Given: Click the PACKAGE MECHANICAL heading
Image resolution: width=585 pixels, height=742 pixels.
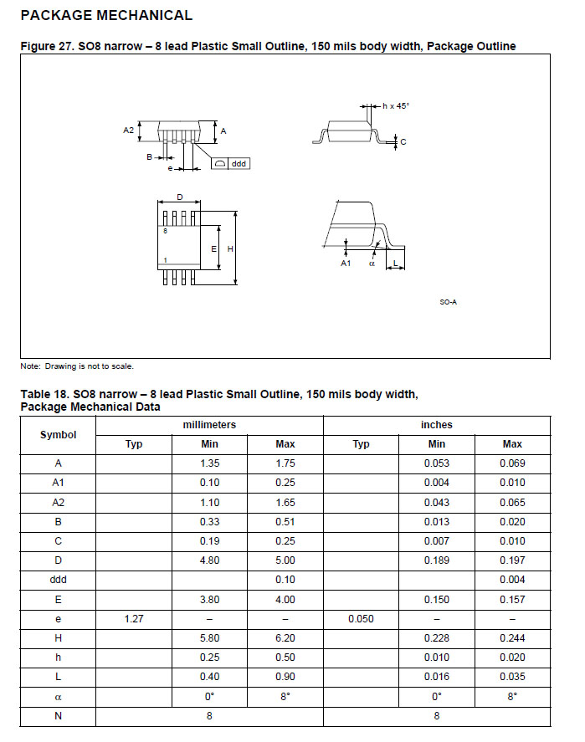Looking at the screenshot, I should click(x=105, y=15).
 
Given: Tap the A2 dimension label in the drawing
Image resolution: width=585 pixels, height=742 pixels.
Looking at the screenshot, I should click(x=128, y=130).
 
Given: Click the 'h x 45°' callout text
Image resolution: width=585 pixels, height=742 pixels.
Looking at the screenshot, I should click(x=396, y=106).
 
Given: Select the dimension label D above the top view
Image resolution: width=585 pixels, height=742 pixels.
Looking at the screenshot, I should click(x=179, y=198).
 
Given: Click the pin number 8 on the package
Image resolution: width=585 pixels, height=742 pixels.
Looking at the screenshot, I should click(x=166, y=229).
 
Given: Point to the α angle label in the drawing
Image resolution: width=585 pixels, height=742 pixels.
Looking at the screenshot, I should click(x=372, y=263).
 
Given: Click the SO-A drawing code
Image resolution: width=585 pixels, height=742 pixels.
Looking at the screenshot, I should click(x=448, y=302).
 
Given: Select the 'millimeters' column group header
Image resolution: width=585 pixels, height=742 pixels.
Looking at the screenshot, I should click(x=209, y=425).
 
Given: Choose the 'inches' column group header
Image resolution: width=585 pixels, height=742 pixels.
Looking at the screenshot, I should click(x=436, y=425).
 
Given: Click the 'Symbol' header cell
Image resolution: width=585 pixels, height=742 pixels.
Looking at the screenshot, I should click(x=59, y=434).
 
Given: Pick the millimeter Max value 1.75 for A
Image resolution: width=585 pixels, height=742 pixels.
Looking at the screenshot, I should click(x=285, y=463).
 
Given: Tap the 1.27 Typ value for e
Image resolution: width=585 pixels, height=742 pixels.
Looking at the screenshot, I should click(x=134, y=619).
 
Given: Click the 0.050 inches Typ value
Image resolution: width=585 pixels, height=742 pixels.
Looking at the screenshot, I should click(x=361, y=619).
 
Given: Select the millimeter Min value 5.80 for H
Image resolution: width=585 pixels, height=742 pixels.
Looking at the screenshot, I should click(x=209, y=638).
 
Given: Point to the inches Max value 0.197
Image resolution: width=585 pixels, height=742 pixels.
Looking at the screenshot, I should click(x=512, y=560).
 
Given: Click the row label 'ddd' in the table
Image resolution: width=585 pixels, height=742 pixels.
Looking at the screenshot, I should click(x=59, y=580).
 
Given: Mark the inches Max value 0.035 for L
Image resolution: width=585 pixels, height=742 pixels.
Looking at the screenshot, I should click(x=512, y=677).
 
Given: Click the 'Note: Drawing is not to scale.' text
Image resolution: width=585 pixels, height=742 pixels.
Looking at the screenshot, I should click(x=77, y=366).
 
